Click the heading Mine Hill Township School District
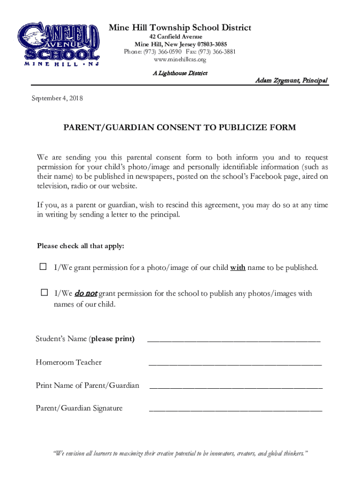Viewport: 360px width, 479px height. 180,28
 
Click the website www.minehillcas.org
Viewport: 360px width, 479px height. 180,59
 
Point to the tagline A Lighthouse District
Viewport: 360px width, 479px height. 180,73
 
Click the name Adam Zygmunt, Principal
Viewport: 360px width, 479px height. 291,80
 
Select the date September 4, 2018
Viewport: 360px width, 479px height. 57,98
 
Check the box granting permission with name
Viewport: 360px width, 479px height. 43,267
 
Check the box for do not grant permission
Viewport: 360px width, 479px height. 44,293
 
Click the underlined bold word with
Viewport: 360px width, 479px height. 238,268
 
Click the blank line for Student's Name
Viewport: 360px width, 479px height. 234,340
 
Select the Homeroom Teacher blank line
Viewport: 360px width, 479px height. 235,363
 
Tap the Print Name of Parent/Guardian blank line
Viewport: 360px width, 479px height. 236,386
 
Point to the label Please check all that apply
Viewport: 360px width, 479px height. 80,246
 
